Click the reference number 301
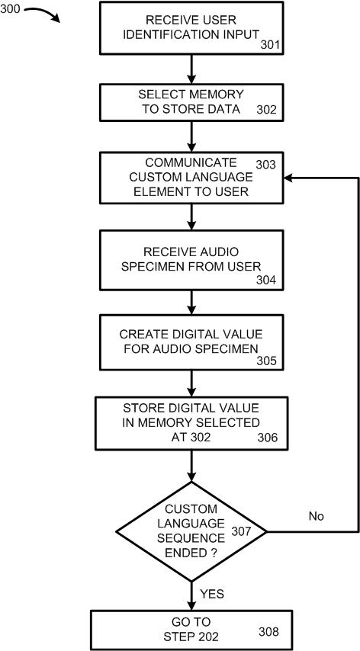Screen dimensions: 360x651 (269, 45)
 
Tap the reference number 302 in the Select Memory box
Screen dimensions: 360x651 (265, 110)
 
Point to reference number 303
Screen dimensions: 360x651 (265, 165)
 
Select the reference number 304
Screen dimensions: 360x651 (265, 281)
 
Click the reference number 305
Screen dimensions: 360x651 (265, 361)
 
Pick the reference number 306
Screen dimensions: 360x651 (267, 438)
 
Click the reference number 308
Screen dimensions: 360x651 (268, 632)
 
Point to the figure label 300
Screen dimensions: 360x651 (10, 9)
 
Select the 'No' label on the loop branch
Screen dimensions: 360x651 (316, 516)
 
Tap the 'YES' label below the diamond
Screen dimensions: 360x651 (212, 593)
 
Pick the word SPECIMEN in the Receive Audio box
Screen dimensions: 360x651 (146, 266)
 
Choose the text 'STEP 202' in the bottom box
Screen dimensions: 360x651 (191, 636)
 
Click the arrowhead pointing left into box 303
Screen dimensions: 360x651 (288, 178)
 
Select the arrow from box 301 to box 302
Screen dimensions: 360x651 (191, 69)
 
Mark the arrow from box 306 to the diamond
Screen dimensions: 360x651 (191, 466)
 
